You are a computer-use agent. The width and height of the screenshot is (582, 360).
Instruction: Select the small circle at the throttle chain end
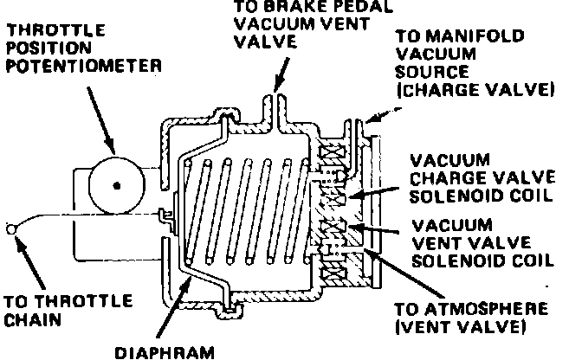(10, 228)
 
